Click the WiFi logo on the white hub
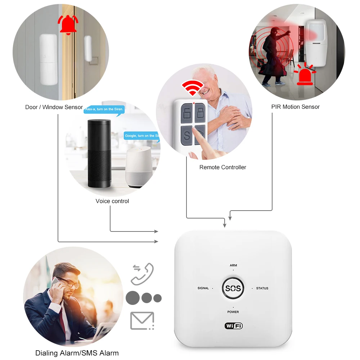click(x=234, y=326)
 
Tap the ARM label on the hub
click(x=233, y=265)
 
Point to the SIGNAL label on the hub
click(x=203, y=288)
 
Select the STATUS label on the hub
click(x=262, y=288)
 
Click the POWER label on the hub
click(x=233, y=312)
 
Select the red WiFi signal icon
click(x=192, y=87)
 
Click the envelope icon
click(x=142, y=321)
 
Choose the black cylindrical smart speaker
click(x=99, y=154)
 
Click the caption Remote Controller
click(x=223, y=167)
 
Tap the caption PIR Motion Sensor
click(x=295, y=107)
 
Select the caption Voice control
click(x=112, y=201)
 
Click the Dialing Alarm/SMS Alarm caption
click(x=77, y=353)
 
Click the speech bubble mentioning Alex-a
click(x=104, y=109)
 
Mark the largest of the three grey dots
click(x=132, y=298)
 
